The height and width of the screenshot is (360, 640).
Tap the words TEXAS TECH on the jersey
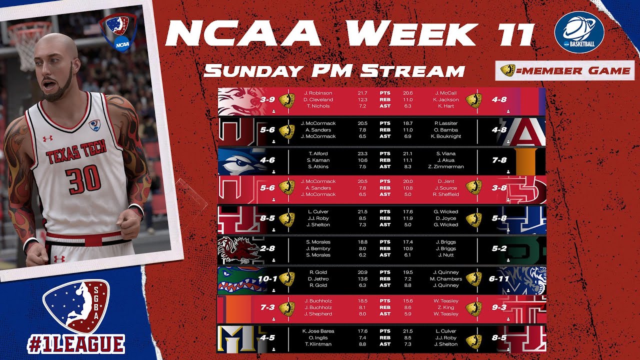[76, 150]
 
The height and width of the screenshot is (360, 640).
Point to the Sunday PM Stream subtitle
[334, 70]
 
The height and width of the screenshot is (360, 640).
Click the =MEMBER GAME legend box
[564, 71]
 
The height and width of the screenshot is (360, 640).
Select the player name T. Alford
[318, 153]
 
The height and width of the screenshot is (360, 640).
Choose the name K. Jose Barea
[318, 331]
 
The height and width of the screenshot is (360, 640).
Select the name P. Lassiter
[446, 123]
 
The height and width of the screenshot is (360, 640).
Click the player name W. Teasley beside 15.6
[446, 301]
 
